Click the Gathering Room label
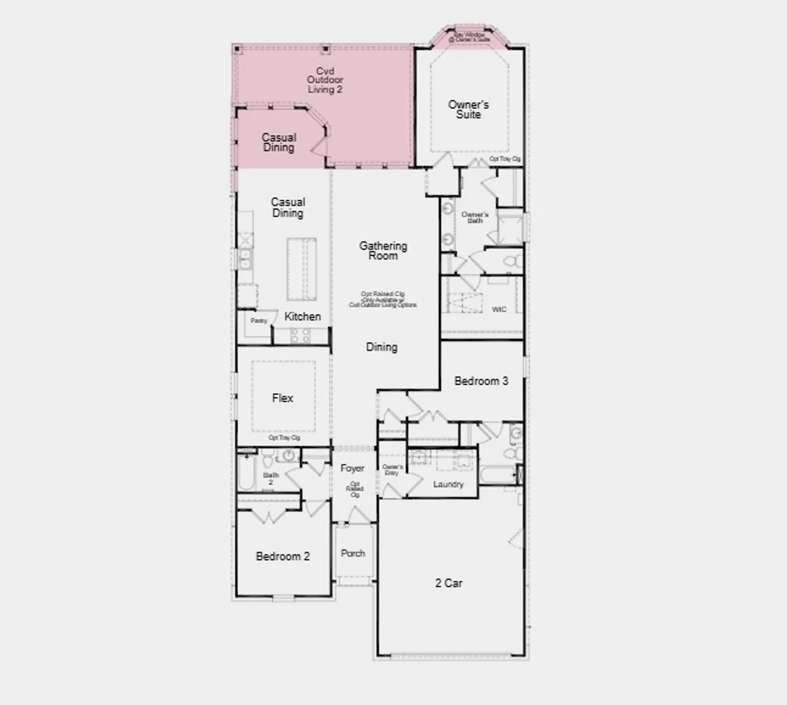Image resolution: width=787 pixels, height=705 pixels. (x=383, y=251)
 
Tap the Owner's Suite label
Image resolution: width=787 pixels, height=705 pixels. (x=468, y=109)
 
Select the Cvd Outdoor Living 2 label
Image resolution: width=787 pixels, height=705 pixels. (x=325, y=80)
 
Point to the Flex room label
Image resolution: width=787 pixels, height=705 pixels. (x=283, y=398)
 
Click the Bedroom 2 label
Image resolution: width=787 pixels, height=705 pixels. (x=283, y=556)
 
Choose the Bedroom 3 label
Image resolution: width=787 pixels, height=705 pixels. (x=481, y=381)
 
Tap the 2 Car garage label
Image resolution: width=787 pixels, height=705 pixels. (x=449, y=583)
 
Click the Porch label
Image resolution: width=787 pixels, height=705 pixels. (x=353, y=553)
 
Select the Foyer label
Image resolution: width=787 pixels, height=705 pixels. (x=353, y=468)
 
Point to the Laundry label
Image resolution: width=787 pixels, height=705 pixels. (x=448, y=484)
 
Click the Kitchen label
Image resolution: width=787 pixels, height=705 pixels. (x=303, y=316)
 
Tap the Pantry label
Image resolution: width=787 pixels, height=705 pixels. (x=259, y=321)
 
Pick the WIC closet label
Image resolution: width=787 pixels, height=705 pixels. (x=499, y=309)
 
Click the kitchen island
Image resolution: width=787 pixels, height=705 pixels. (x=301, y=269)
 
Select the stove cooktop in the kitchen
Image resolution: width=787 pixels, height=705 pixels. (x=300, y=335)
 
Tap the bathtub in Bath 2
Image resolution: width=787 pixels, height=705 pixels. (x=246, y=472)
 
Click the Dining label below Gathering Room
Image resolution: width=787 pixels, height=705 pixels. (x=382, y=347)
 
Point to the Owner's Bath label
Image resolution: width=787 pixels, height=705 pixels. (x=475, y=217)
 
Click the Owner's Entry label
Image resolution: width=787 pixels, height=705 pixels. (x=392, y=470)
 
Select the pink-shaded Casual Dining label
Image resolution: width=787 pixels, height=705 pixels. (x=279, y=142)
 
